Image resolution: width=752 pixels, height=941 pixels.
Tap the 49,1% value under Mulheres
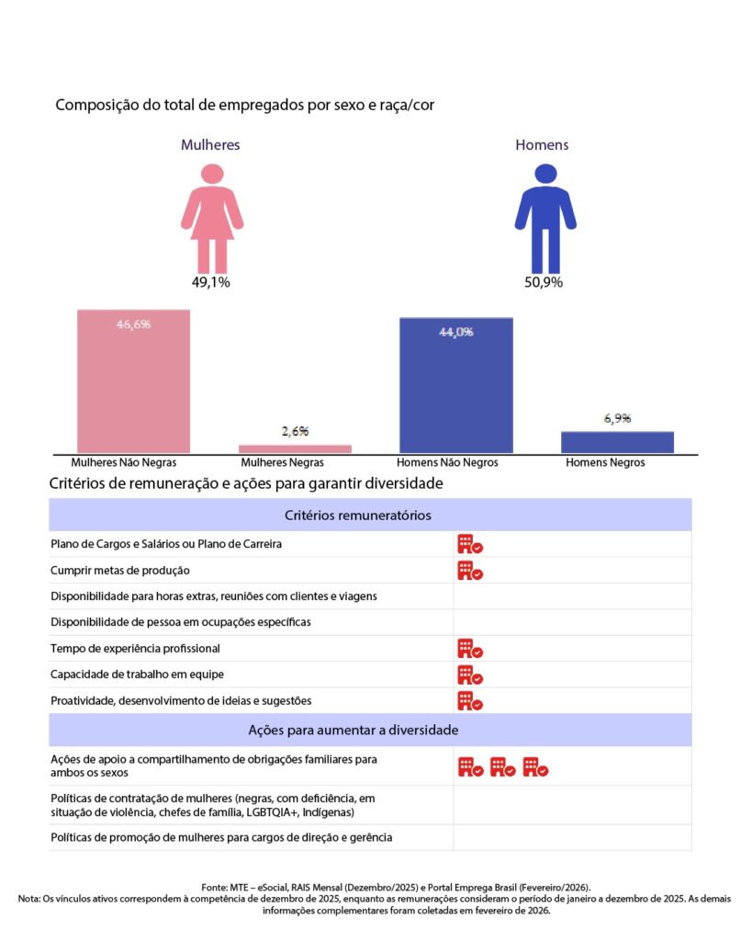211,282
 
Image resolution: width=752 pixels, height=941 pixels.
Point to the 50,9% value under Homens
544,282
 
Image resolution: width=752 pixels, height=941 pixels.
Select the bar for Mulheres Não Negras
133,381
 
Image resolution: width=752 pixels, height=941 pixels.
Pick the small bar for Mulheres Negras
295,448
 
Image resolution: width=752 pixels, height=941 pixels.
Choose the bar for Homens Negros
617,442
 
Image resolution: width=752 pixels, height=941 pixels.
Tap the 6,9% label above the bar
617,419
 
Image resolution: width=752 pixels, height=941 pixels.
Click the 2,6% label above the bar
295,431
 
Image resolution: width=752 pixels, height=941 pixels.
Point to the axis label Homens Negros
605,463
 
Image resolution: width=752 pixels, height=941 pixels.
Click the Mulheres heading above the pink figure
210,145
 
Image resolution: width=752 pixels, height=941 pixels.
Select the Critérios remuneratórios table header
370,516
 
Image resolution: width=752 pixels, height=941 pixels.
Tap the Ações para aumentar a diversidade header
370,731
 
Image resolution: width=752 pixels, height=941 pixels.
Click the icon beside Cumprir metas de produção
470,571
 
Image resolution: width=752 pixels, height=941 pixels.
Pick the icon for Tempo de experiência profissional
470,649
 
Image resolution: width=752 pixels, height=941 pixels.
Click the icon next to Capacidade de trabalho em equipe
470,675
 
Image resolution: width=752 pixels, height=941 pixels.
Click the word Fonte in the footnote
215,887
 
